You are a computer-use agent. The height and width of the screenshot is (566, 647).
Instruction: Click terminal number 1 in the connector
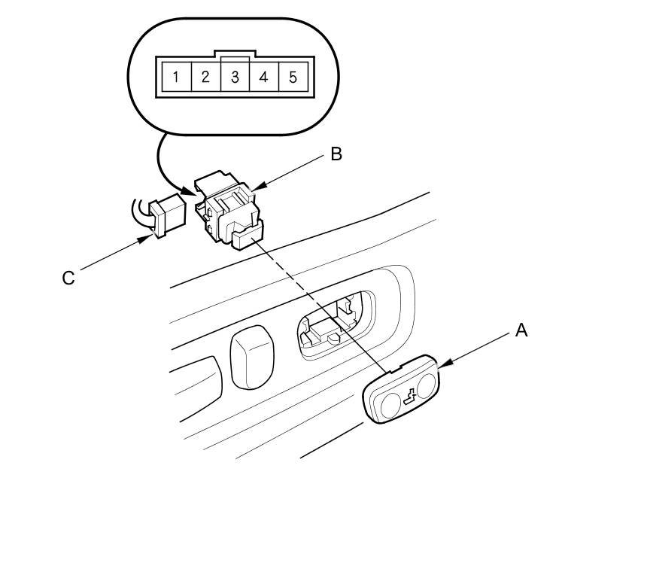175,76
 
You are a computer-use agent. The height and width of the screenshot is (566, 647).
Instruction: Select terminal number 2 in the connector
205,76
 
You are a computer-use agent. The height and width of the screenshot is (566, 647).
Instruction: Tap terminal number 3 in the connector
235,76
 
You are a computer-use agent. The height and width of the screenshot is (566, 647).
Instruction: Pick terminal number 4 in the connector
263,76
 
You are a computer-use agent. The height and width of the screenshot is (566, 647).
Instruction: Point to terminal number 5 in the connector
293,76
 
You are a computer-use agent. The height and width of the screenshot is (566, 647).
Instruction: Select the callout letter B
336,154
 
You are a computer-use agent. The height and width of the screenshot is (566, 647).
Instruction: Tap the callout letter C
68,278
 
